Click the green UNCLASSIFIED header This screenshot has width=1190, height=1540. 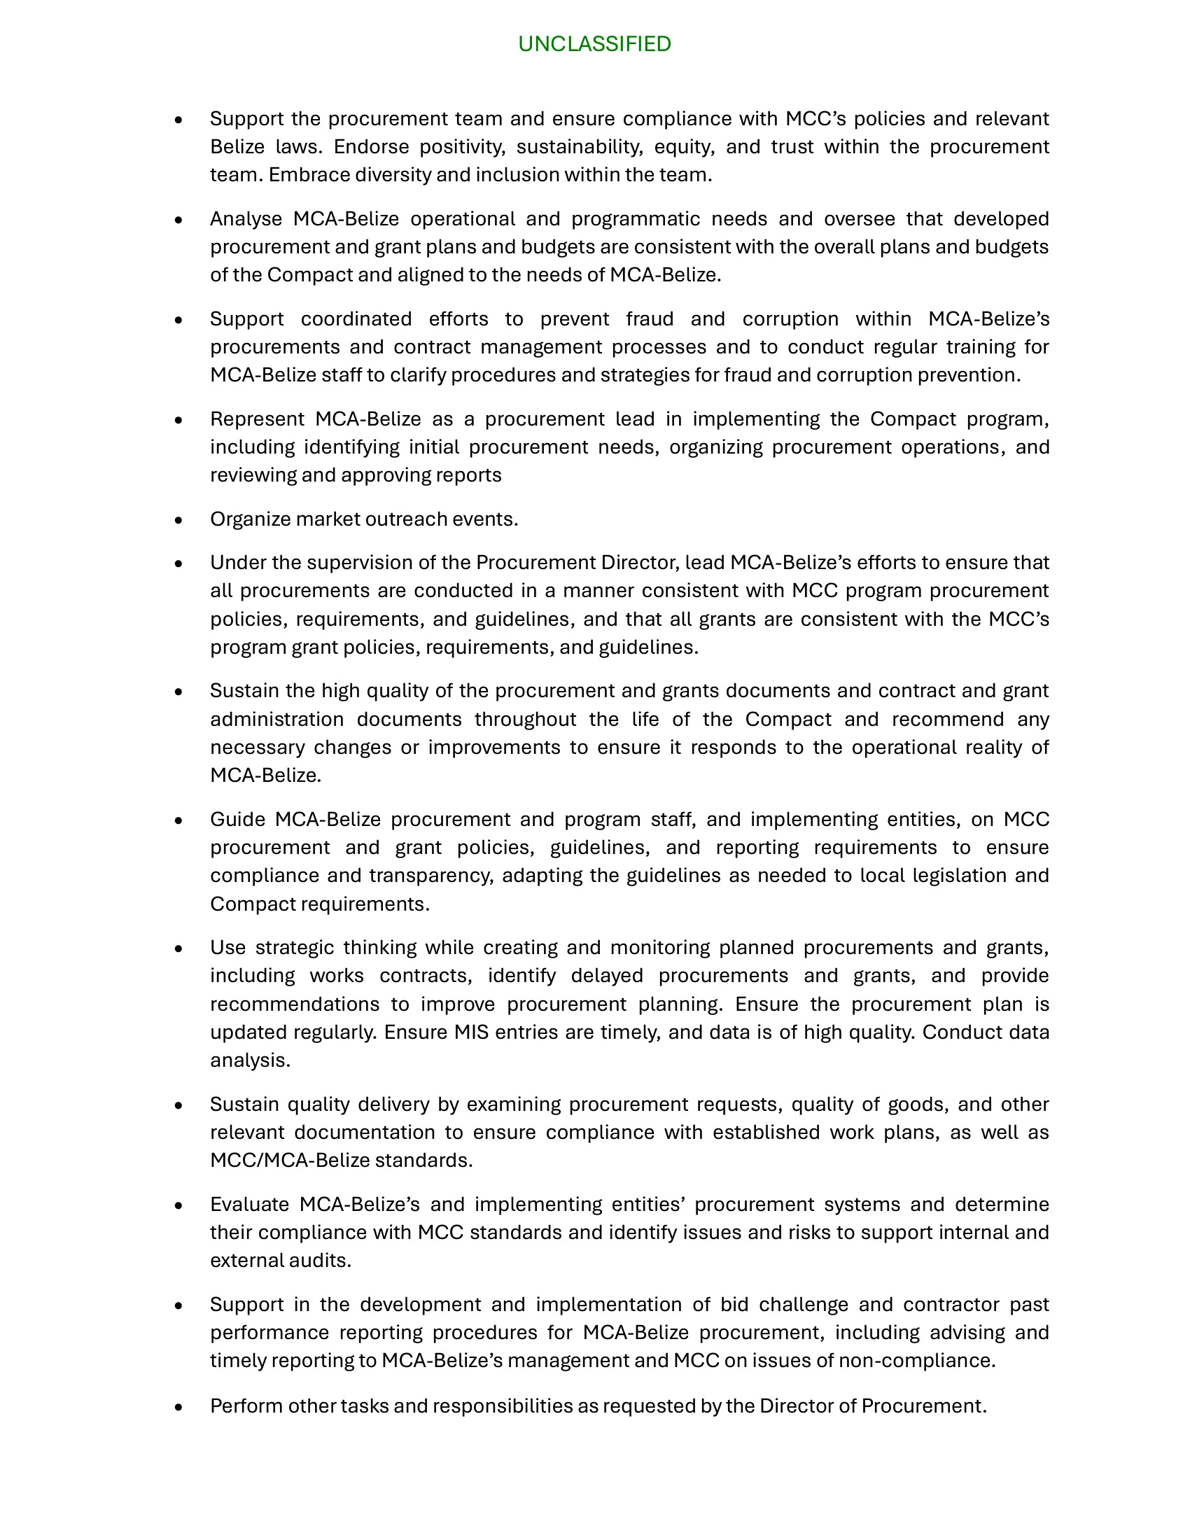[x=594, y=43]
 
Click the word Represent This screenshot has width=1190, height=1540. [x=257, y=419]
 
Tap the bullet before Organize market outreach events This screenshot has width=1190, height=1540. [x=178, y=520]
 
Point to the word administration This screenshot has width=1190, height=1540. [x=276, y=719]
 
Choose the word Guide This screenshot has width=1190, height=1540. [x=237, y=820]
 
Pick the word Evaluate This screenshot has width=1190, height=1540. [x=250, y=1204]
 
